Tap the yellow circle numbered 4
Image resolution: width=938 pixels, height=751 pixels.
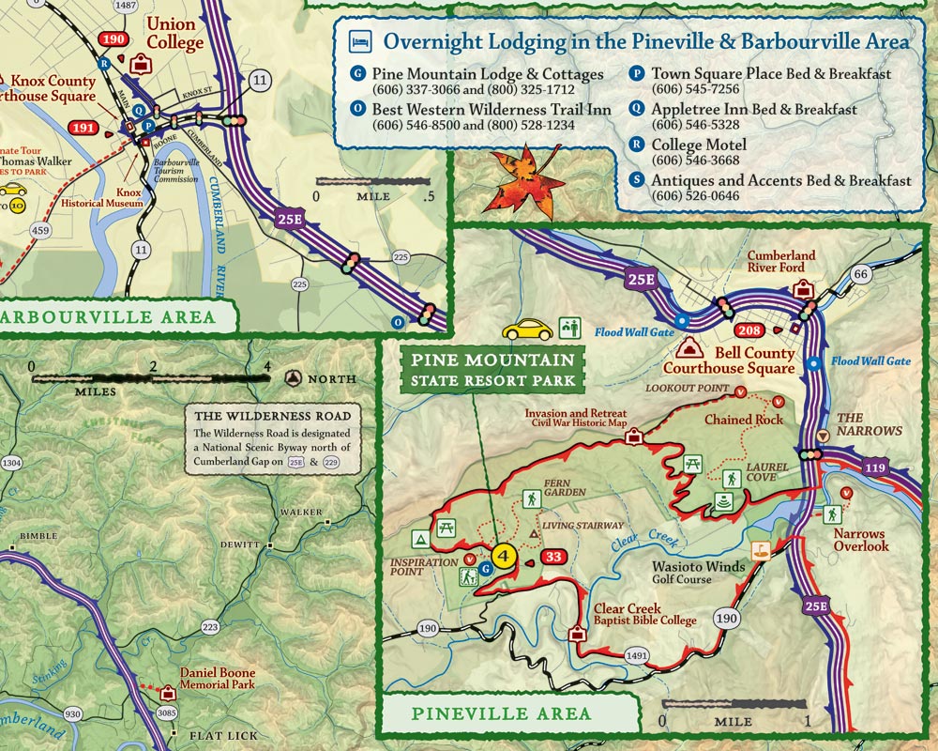click(x=505, y=555)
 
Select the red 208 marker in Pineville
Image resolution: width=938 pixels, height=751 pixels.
click(x=749, y=330)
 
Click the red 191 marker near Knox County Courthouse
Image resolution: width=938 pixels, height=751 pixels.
click(x=83, y=128)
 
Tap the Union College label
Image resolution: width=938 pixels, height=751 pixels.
click(x=174, y=33)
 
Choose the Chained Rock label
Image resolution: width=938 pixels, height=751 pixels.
click(x=744, y=420)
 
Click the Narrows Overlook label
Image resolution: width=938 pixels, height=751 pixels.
click(x=860, y=540)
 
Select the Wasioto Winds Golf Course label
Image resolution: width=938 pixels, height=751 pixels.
click(x=700, y=573)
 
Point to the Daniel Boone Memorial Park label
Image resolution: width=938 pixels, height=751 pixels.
click(x=218, y=679)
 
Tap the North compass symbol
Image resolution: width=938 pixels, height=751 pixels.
click(x=294, y=378)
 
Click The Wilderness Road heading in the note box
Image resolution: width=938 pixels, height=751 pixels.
click(x=272, y=416)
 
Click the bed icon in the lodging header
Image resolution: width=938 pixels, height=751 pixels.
click(x=359, y=41)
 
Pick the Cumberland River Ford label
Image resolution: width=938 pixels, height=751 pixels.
click(x=780, y=261)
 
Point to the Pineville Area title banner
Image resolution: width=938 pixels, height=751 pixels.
click(x=501, y=713)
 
